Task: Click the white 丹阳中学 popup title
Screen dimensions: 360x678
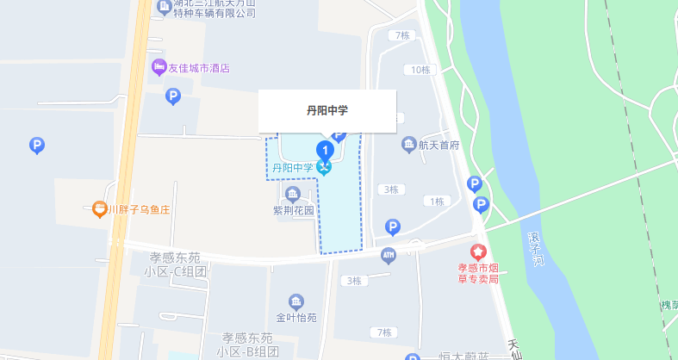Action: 327,110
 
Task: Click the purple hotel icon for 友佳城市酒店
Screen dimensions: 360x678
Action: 159,68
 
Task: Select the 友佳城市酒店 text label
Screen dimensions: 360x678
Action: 199,69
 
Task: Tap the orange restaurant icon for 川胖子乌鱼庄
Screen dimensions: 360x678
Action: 100,208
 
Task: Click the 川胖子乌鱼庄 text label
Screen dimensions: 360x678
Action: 142,208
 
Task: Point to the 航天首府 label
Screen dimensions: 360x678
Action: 439,146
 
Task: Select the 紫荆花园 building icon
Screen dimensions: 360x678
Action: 293,193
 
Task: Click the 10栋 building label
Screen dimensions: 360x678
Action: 420,70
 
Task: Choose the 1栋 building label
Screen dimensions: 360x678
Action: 434,202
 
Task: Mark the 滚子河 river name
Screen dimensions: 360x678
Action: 535,247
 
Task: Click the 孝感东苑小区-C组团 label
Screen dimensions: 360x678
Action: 176,265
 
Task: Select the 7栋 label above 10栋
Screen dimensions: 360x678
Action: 400,35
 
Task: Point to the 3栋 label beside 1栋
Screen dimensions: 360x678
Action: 391,189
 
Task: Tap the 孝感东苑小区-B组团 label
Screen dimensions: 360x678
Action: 247,344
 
